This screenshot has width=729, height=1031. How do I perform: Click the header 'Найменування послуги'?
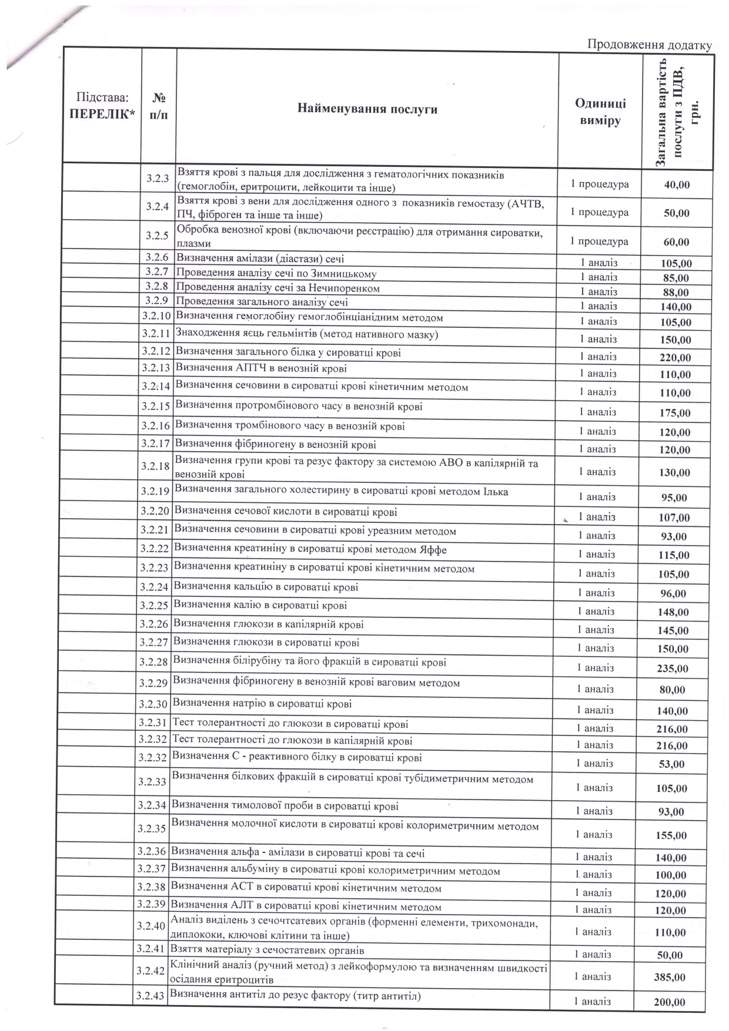click(367, 109)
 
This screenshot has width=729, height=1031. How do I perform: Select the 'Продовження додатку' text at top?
click(650, 45)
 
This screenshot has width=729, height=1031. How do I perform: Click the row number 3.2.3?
click(158, 178)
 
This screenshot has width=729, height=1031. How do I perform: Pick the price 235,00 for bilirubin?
click(672, 669)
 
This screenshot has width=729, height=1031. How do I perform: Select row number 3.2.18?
click(156, 466)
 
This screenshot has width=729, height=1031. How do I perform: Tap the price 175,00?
click(674, 413)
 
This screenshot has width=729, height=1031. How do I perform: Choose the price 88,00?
click(675, 293)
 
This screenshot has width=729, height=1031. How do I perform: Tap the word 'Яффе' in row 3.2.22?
click(434, 550)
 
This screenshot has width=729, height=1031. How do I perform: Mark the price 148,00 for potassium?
click(673, 612)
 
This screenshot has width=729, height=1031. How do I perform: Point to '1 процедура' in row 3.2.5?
click(599, 241)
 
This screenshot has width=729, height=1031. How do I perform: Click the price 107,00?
click(674, 518)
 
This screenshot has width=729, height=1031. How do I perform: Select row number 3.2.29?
click(154, 683)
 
